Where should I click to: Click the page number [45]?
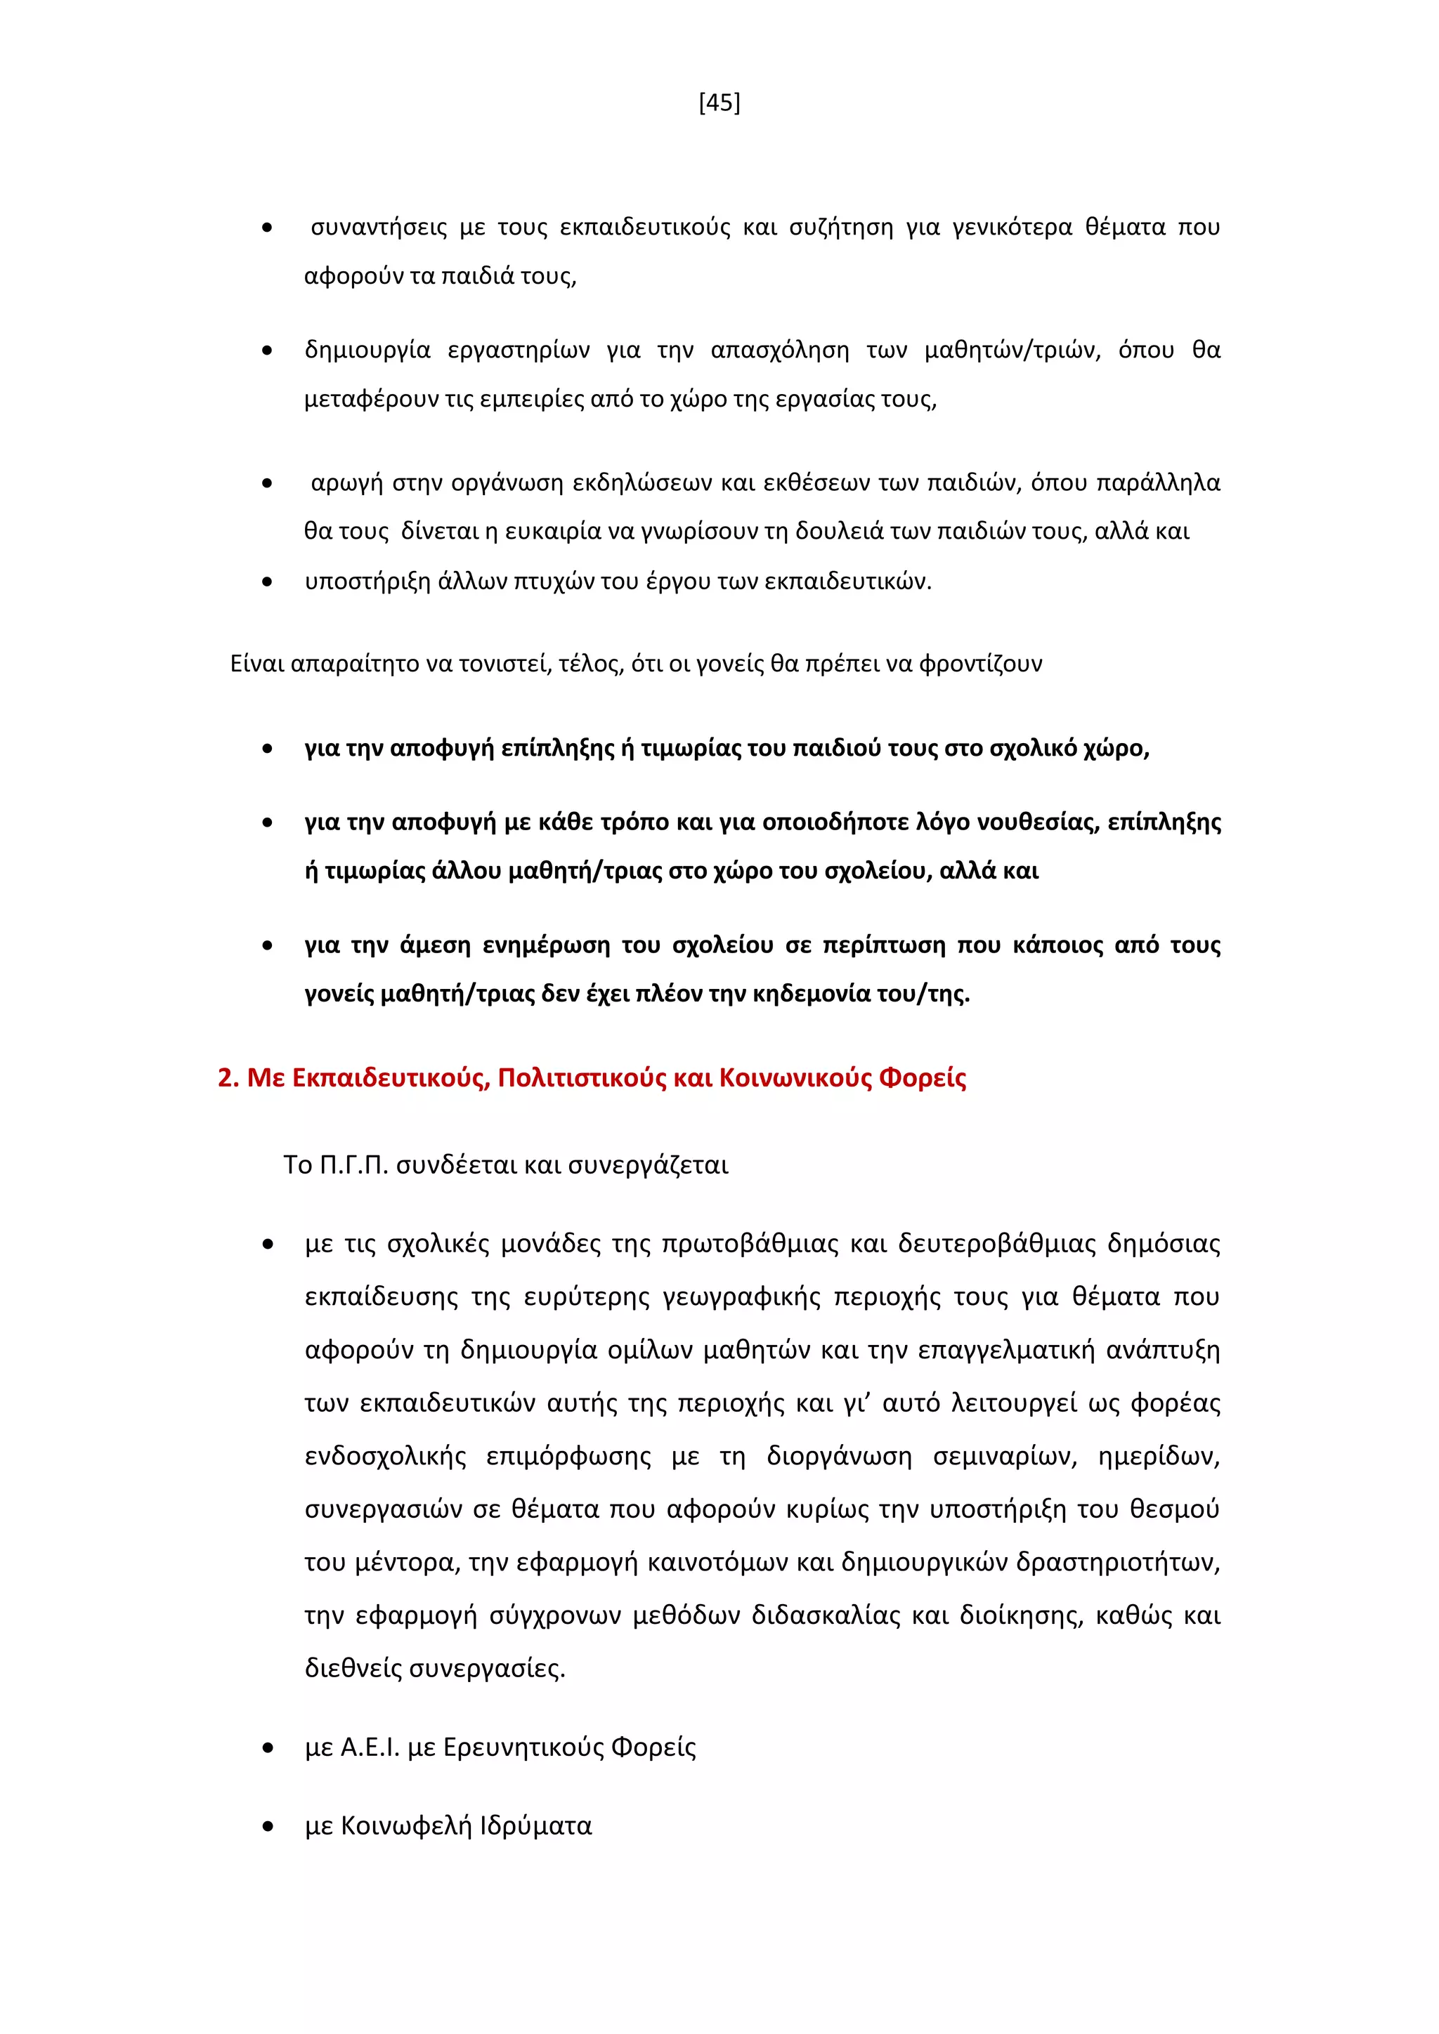tap(719, 103)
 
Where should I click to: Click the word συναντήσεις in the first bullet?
tap(378, 228)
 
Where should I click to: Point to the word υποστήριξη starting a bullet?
tap(367, 582)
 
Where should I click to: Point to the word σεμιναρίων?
tap(1004, 1457)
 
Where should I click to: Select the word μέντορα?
tap(407, 1563)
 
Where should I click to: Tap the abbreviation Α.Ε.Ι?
tap(370, 1748)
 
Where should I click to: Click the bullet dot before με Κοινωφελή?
tap(268, 1827)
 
